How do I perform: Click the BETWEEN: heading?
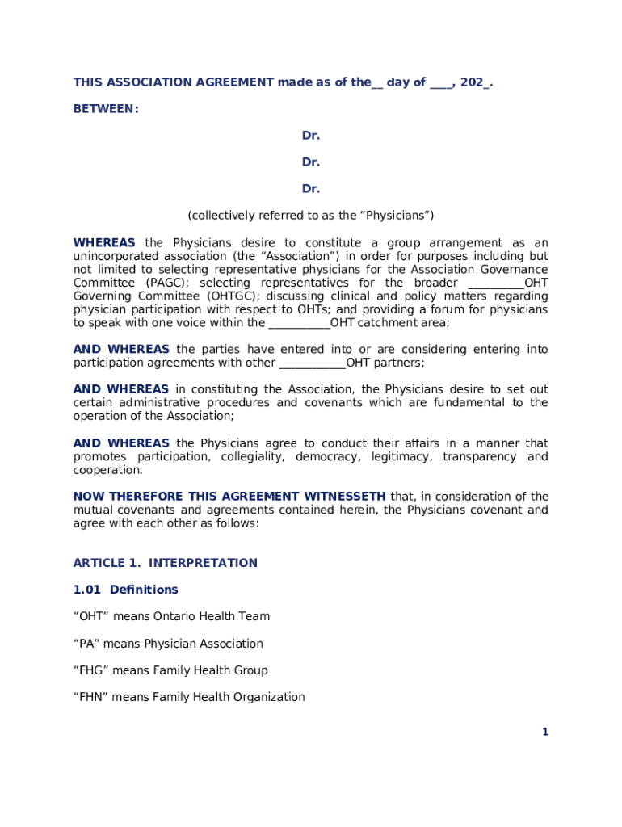pos(106,108)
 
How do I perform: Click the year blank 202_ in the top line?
pos(476,82)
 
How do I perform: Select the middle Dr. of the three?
pos(311,162)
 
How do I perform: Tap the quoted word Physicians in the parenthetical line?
pos(395,216)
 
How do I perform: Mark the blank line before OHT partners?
pos(312,363)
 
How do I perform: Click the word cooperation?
pos(107,470)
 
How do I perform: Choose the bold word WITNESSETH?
pos(344,497)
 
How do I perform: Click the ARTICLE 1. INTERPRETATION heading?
pos(166,563)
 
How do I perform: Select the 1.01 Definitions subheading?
pos(125,590)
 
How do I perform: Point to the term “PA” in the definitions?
pos(86,644)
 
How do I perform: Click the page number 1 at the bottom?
pos(545,733)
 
